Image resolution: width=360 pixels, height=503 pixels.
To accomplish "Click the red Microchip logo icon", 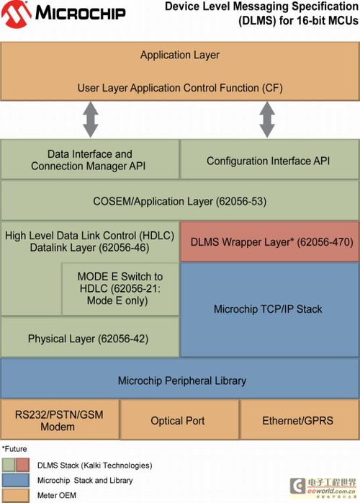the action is (17, 14).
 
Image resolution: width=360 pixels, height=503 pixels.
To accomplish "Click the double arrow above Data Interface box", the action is (91, 120).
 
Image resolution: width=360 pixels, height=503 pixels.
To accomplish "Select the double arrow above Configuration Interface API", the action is (267, 120).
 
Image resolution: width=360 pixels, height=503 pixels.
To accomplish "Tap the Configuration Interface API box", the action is (269, 159).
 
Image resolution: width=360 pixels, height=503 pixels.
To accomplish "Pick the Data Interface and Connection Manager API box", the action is (90, 159).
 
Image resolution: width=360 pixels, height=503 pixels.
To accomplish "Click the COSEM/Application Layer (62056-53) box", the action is (180, 201).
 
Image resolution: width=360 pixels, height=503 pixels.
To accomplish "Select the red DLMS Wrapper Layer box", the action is (269, 241).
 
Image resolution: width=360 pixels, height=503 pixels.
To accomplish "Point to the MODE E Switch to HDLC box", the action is (120, 289).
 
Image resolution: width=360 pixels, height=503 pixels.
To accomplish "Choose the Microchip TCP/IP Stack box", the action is (269, 310).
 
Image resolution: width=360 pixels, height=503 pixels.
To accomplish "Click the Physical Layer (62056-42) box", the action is (90, 337).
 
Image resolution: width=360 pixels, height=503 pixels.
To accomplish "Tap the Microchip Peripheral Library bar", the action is (180, 378).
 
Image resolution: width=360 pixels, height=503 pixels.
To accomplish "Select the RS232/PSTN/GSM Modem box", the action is (60, 419).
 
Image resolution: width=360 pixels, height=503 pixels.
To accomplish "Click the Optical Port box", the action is (179, 419).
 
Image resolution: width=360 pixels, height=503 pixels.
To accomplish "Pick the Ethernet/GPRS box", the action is (300, 419).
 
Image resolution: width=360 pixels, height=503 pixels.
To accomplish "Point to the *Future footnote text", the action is (14, 449).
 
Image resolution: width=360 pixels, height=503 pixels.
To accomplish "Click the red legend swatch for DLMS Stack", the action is (22, 465).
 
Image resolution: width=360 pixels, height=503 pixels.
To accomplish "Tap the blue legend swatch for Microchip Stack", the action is (15, 480).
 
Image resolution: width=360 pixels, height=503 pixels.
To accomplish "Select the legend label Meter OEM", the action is (57, 495).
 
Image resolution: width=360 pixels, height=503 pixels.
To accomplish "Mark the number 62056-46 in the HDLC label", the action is (125, 248).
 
